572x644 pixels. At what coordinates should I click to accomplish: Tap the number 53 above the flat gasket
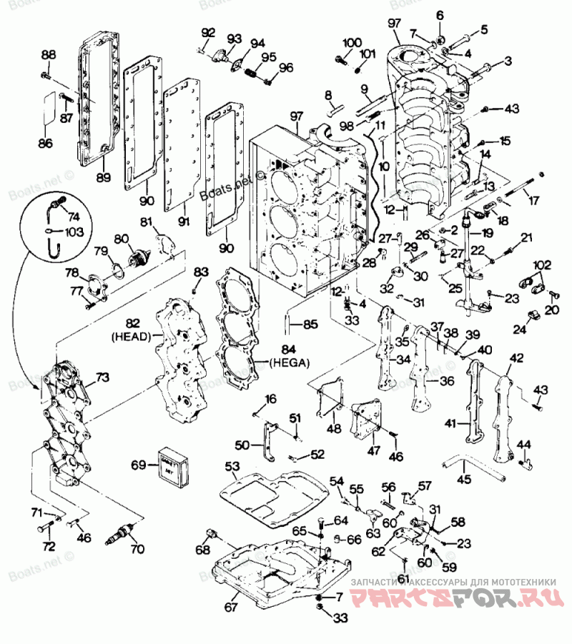(x=232, y=466)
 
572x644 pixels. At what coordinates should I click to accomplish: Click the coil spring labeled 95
(x=251, y=72)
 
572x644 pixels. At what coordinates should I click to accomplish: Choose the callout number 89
(x=104, y=177)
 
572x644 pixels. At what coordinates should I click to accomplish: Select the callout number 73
(x=103, y=376)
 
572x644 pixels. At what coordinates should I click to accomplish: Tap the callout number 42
(x=515, y=358)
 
